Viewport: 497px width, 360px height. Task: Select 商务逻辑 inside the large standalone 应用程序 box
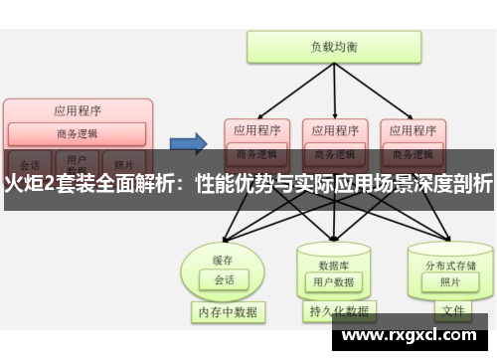[x=78, y=133]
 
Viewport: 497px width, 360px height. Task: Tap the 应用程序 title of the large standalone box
[x=78, y=111]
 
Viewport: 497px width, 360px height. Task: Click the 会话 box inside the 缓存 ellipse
[x=224, y=253]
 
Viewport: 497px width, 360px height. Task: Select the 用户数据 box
[x=333, y=255]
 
